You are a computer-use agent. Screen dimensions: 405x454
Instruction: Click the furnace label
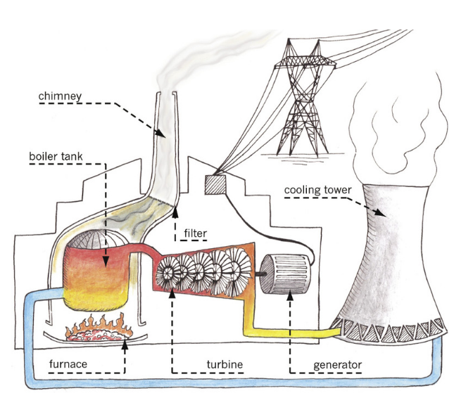[x=68, y=364]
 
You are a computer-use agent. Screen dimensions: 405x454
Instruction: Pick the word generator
[x=337, y=364]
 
